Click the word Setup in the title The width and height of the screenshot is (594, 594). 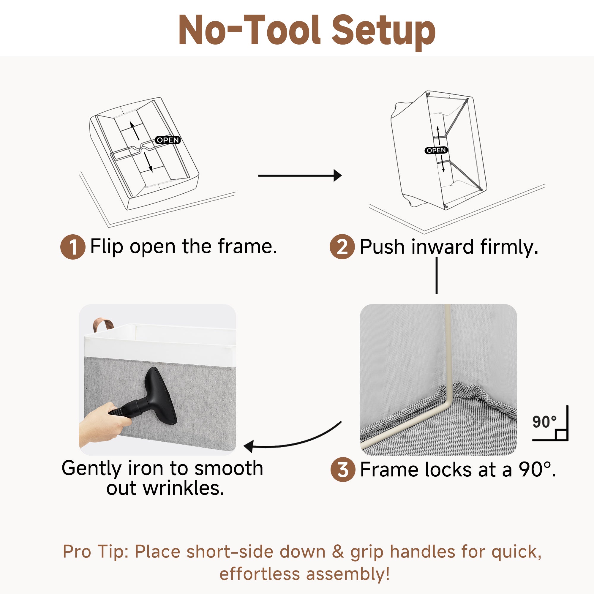(383, 32)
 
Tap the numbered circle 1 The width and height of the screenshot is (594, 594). (73, 247)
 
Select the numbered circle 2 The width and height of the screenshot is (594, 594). (342, 247)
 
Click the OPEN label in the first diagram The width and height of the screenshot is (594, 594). (168, 140)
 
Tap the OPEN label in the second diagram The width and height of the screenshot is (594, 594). (436, 150)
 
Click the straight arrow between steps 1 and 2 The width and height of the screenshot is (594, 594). (300, 176)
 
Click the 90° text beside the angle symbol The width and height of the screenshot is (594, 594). (544, 422)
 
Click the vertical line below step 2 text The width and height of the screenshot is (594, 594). (437, 276)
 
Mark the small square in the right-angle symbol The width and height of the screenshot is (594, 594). (561, 435)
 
